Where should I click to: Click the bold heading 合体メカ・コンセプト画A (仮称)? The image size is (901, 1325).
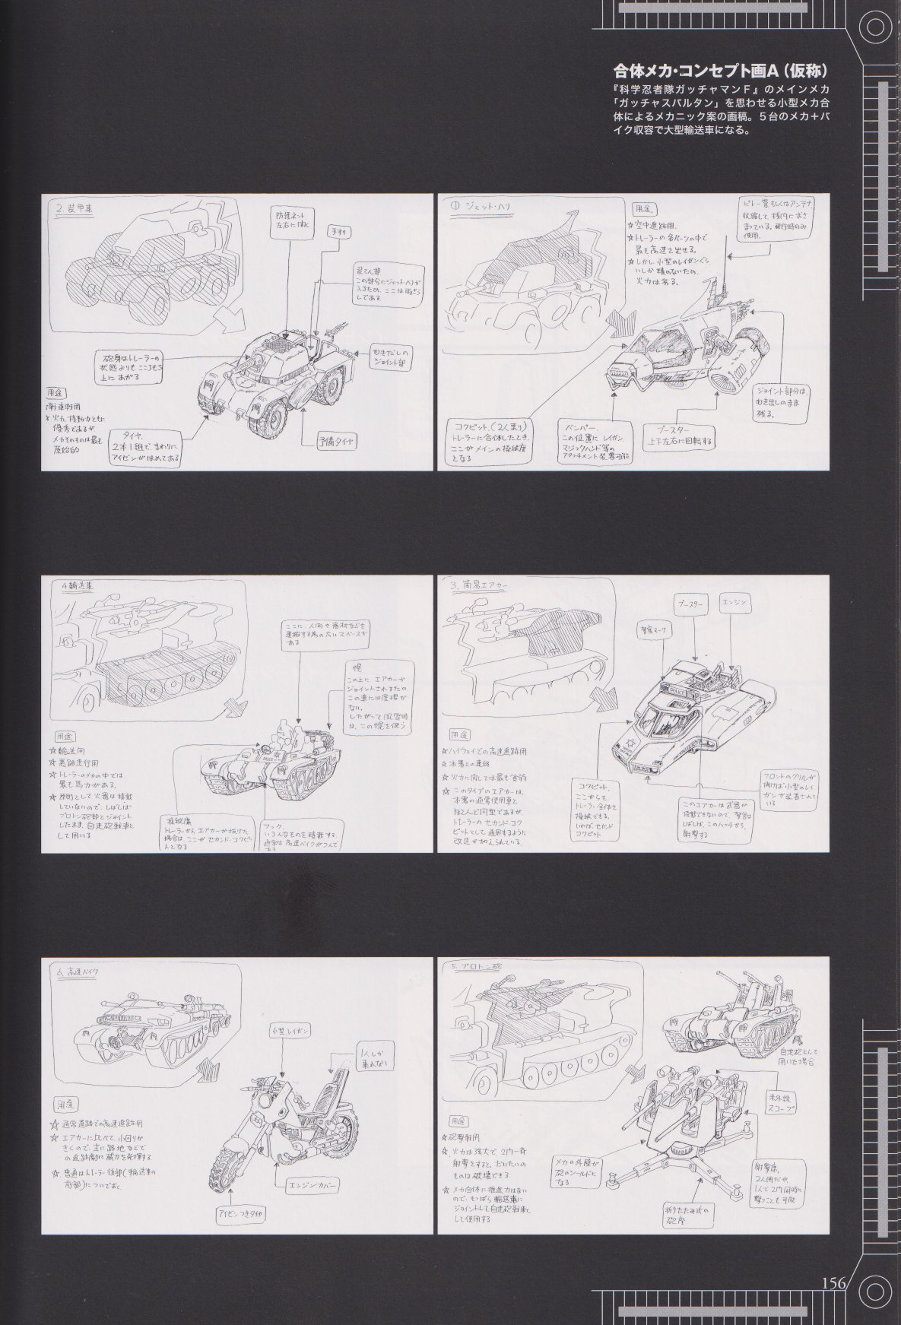720,71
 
